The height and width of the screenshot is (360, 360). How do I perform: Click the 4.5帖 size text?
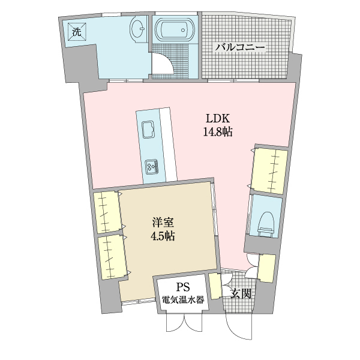coord(162,236)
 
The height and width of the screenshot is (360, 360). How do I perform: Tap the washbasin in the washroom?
coord(139,29)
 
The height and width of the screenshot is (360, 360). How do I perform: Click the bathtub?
coord(175,29)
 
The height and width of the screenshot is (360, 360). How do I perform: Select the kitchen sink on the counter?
coord(148,128)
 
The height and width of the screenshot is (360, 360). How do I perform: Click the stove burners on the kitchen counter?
coord(151,166)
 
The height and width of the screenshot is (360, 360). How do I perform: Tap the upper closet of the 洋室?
coord(107,211)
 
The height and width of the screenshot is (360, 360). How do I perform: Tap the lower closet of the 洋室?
coord(112,256)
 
